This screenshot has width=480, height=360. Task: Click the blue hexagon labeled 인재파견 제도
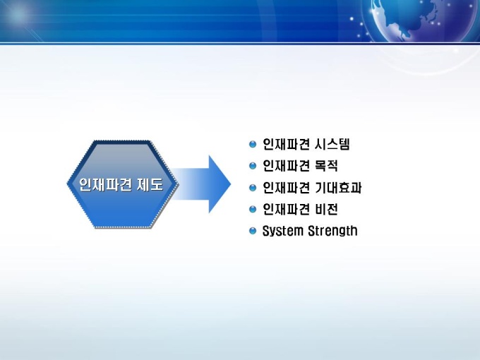tap(122, 184)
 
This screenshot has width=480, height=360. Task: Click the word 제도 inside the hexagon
tap(150, 185)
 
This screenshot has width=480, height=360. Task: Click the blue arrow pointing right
tap(200, 184)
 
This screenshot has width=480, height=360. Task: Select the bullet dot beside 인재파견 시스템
tap(253, 144)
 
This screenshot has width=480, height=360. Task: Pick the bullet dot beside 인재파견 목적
tap(253, 166)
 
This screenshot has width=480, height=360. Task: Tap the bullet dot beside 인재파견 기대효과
tap(253, 187)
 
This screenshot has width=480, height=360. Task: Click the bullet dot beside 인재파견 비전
tap(253, 209)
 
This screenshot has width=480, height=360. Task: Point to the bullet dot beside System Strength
tap(253, 231)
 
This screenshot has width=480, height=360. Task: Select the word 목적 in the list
tap(326, 166)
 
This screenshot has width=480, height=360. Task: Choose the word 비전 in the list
tap(326, 210)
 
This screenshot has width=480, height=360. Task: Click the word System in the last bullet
tap(283, 231)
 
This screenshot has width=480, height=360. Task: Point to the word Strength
tap(332, 231)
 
